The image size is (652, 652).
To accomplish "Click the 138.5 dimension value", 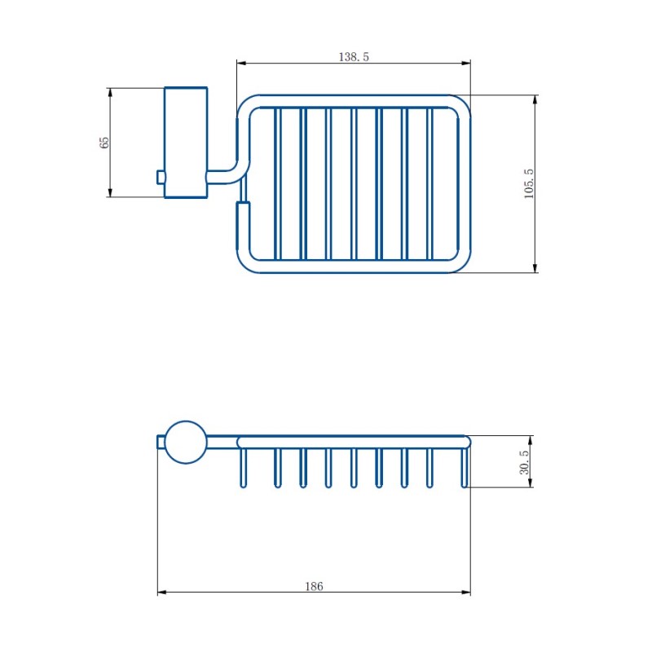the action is (x=354, y=56).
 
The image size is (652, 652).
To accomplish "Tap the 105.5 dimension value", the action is (x=528, y=184).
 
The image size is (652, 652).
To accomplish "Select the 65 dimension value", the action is (x=105, y=142).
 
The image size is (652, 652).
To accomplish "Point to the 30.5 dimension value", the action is (x=524, y=462).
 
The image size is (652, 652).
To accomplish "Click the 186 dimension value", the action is (x=314, y=586).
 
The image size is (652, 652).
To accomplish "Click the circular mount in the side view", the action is (x=186, y=442).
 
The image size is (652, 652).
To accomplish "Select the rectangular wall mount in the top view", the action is (x=186, y=143).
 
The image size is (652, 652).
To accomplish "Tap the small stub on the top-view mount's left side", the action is (x=161, y=177).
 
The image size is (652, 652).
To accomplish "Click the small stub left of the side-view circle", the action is (x=161, y=442).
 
